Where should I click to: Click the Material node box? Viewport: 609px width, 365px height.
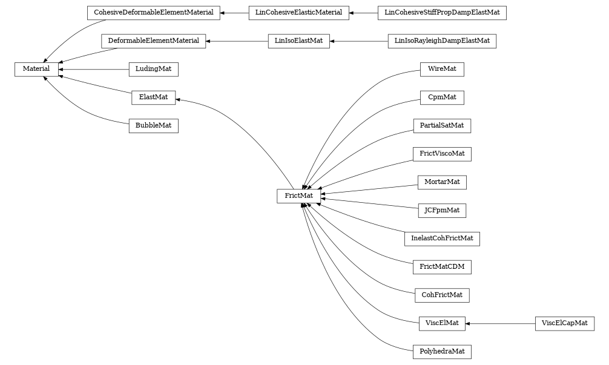pos(36,70)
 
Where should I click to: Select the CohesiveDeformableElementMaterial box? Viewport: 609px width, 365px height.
pos(153,13)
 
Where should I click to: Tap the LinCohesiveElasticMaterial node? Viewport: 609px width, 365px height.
pos(298,13)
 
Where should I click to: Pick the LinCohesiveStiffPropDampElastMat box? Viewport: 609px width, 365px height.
pos(441,13)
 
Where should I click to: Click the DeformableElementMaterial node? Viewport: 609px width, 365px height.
pos(153,41)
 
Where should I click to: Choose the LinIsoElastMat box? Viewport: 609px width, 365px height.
pos(298,41)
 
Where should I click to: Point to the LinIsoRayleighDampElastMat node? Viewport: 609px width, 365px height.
pos(441,41)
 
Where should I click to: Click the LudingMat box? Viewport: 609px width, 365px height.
pos(153,70)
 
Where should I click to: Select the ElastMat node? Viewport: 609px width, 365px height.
pos(153,97)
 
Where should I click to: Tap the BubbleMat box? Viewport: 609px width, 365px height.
pos(153,126)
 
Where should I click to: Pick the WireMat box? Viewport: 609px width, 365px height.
pos(441,70)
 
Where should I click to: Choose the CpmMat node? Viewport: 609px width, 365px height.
pos(441,97)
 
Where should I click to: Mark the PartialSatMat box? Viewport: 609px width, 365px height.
pos(441,126)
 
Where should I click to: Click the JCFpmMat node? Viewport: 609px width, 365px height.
pos(441,211)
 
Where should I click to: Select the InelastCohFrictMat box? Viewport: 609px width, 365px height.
pos(441,238)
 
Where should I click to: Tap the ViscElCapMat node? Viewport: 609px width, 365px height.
pos(564,323)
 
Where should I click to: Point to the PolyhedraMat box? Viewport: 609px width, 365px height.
pos(441,352)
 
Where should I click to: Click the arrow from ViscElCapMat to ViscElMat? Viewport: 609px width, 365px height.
pos(500,323)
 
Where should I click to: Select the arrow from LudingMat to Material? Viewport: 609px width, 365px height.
pos(94,70)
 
